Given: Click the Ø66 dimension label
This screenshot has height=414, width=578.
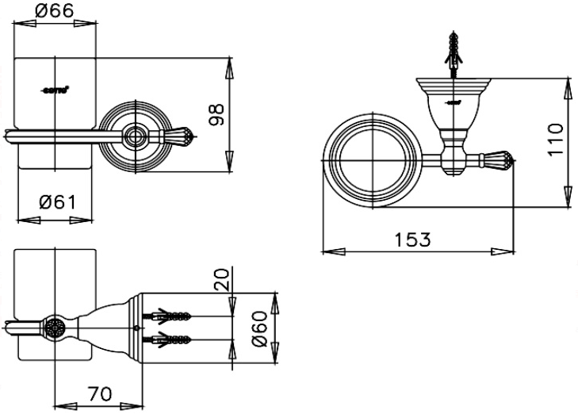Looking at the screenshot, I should tap(56, 10).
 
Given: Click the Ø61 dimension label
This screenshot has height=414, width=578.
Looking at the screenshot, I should tap(57, 202).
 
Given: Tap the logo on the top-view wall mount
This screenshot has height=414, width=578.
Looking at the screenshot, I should tap(453, 102).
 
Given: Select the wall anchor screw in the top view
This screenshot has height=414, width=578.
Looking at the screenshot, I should tap(454, 51).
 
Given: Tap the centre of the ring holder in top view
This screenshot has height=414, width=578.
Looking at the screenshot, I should tap(369, 162).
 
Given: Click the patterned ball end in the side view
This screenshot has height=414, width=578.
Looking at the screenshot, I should tap(54, 328).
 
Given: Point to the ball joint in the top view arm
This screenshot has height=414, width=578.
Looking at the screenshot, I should tap(454, 151).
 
